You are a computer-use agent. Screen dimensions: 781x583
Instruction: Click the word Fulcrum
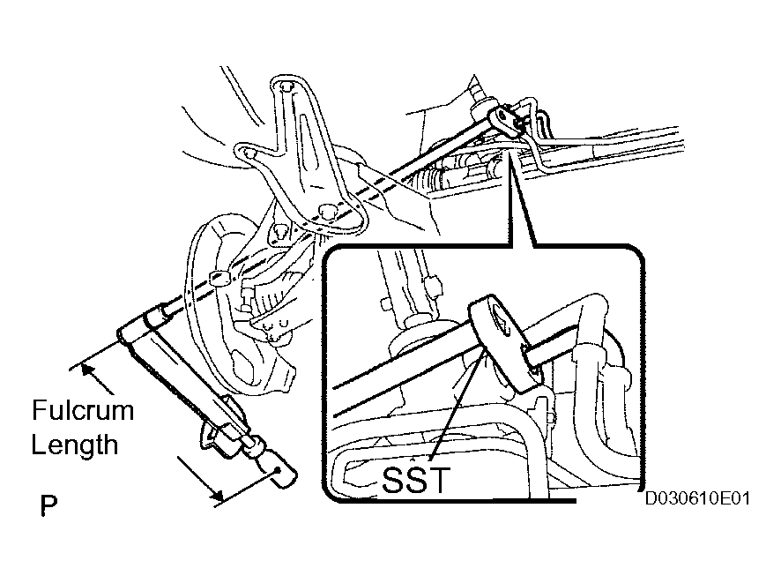[x=83, y=411]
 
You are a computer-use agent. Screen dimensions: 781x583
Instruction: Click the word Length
[x=75, y=445]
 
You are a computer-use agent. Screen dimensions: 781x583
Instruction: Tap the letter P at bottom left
[x=48, y=505]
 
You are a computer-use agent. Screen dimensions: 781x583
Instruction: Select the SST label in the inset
[x=416, y=479]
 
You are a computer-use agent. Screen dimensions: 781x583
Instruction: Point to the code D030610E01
[x=697, y=498]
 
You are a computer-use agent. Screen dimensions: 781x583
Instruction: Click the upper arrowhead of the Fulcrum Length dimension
[x=87, y=370]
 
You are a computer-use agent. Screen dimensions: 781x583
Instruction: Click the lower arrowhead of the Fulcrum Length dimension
[x=216, y=494]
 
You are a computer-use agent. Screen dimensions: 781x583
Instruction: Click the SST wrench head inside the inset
[x=503, y=343]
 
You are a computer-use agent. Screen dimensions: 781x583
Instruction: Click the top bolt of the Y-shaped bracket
[x=286, y=86]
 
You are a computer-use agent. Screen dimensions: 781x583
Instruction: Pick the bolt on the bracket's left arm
[x=248, y=152]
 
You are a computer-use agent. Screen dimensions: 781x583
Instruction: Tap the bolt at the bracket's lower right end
[x=326, y=211]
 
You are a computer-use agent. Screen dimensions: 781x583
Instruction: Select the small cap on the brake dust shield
[x=218, y=278]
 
